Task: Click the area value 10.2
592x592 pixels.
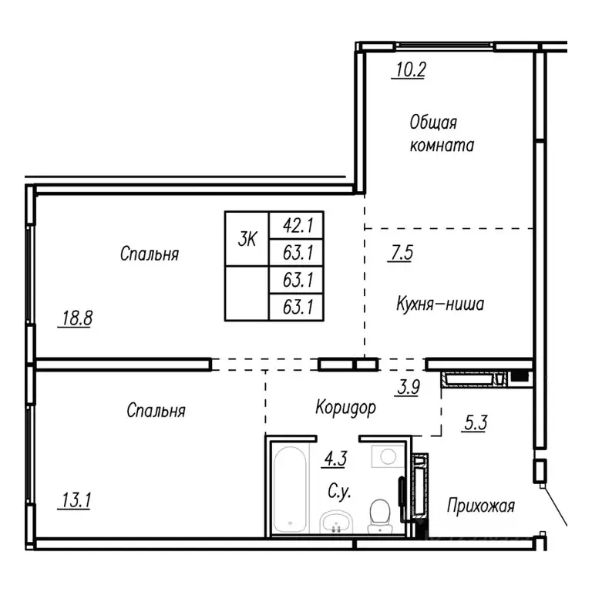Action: click(x=410, y=71)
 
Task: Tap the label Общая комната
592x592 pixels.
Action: click(x=442, y=133)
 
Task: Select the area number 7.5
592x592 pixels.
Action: click(x=400, y=253)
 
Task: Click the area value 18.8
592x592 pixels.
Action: click(x=75, y=318)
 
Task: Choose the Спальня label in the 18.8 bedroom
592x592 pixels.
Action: click(x=150, y=254)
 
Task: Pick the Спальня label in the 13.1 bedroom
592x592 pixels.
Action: click(x=156, y=411)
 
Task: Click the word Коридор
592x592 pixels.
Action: click(x=345, y=408)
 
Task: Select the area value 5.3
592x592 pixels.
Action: click(x=475, y=423)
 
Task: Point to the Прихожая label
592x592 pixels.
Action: click(x=481, y=506)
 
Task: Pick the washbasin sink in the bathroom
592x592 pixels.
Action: click(x=336, y=522)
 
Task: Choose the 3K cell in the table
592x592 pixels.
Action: click(x=247, y=239)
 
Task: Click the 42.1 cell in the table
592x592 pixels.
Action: click(x=295, y=226)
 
